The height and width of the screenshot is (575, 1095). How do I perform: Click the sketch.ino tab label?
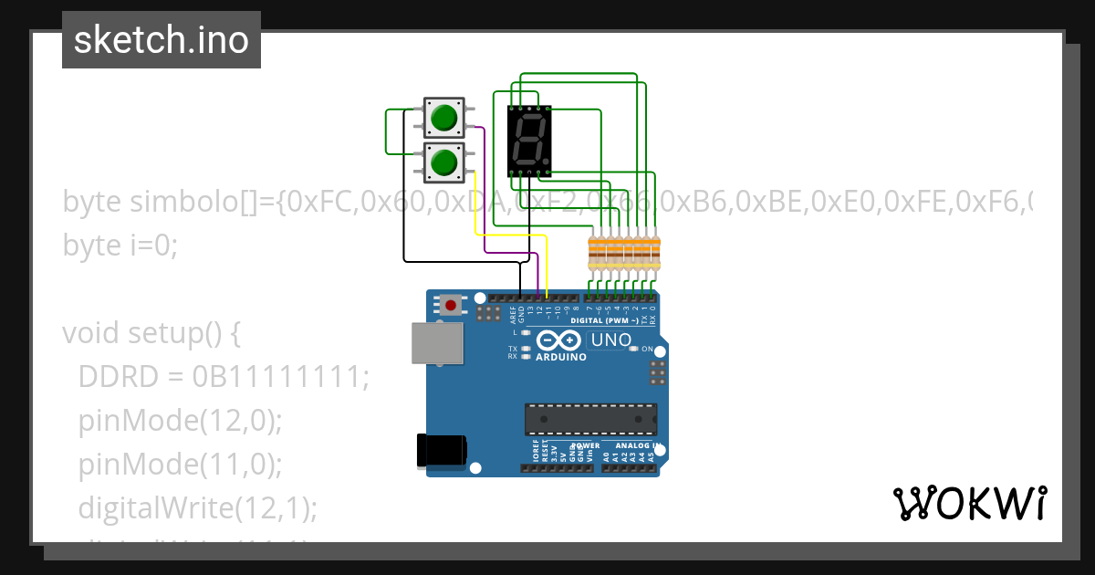[x=162, y=40]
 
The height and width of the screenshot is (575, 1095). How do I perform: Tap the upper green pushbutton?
[x=444, y=118]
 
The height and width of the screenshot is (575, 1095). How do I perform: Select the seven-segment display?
[x=529, y=141]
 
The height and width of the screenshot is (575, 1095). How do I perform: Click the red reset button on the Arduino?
[x=450, y=304]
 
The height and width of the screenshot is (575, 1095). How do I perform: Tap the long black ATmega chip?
[x=589, y=419]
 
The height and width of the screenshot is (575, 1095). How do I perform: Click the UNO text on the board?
[x=611, y=340]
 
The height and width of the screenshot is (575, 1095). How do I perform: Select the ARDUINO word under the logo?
[x=560, y=357]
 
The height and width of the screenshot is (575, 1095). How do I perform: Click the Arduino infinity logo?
[x=559, y=340]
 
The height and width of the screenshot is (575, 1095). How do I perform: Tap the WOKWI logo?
[x=969, y=503]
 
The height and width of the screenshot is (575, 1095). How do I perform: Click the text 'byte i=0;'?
[x=120, y=245]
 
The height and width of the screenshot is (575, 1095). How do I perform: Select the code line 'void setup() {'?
[x=151, y=333]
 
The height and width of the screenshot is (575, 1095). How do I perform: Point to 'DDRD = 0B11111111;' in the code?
[x=224, y=377]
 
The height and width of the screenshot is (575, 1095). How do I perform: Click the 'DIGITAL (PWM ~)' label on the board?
[x=604, y=321]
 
